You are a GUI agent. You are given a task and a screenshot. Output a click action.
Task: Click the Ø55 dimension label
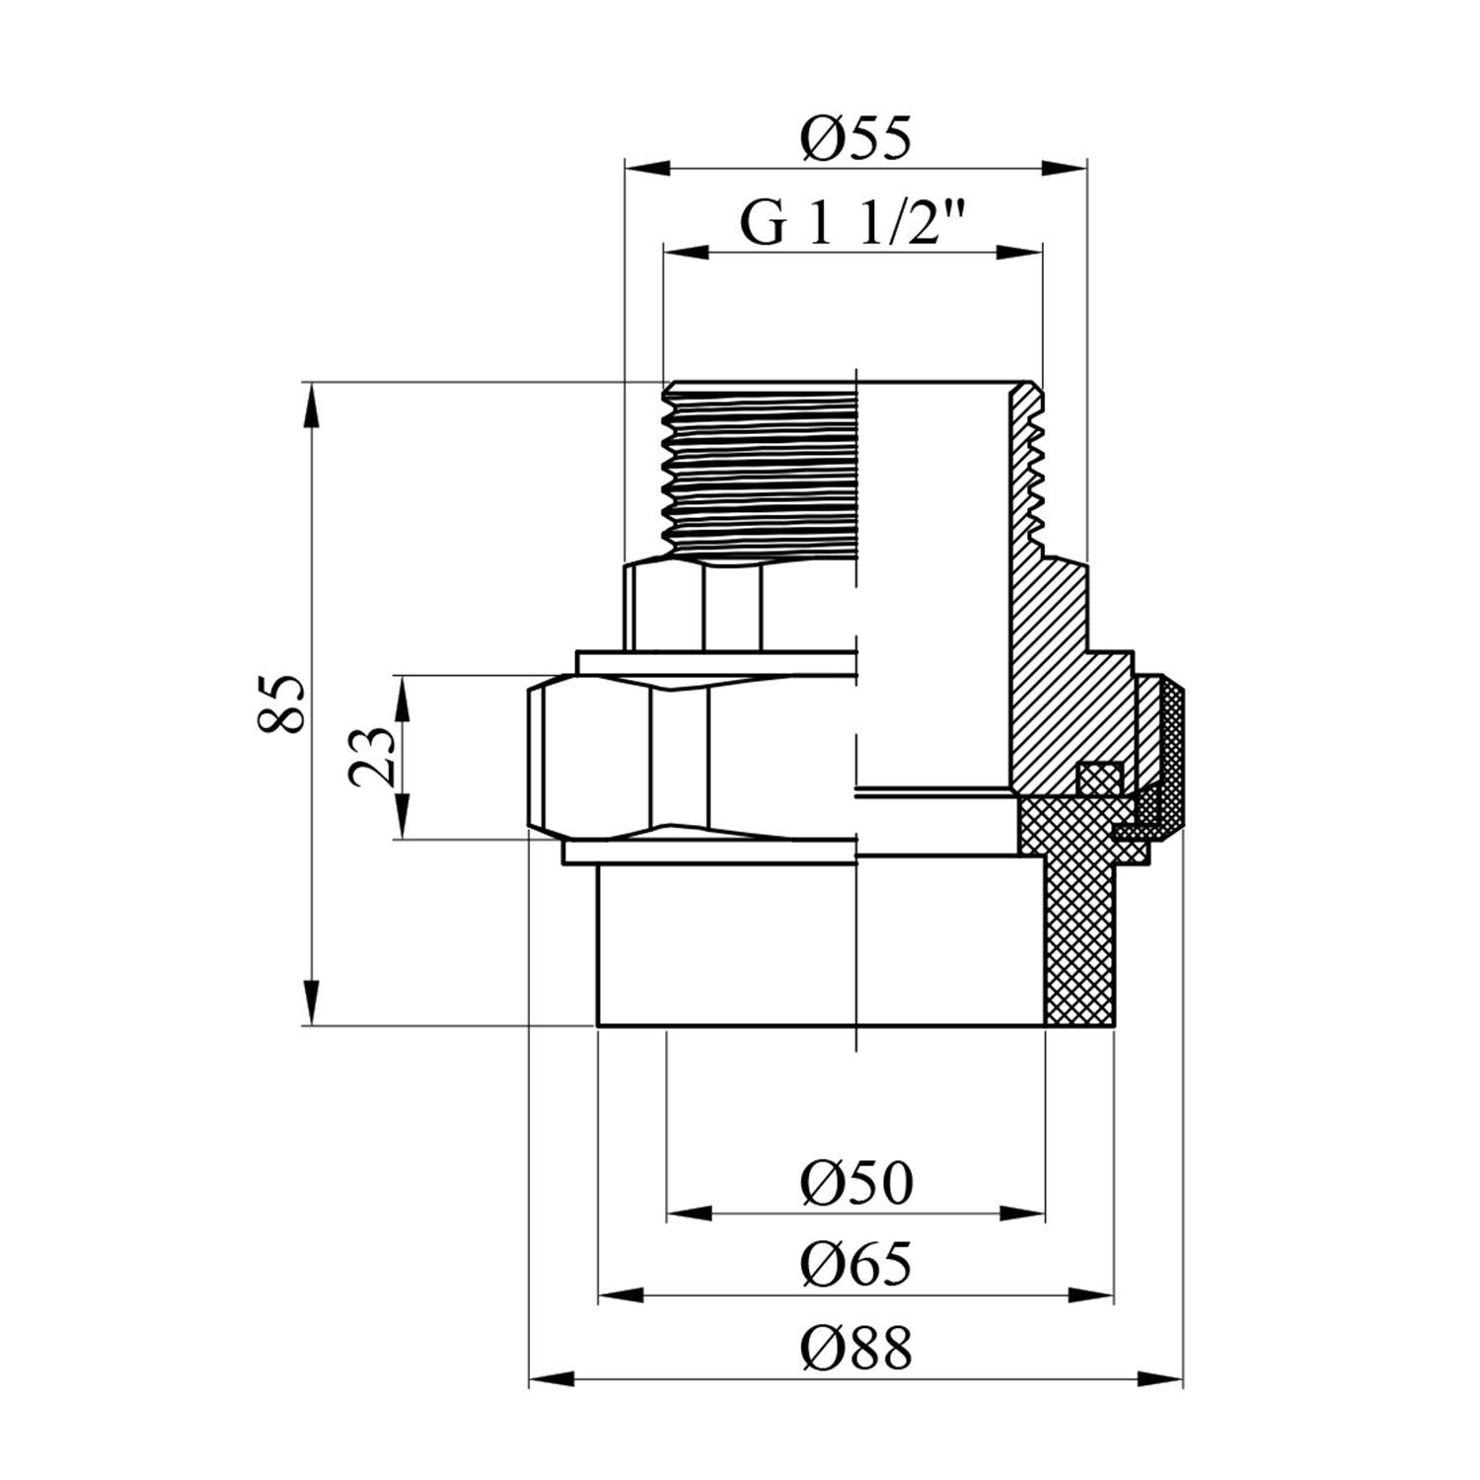click(x=855, y=138)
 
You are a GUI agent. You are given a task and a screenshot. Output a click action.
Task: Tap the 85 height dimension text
click(x=279, y=703)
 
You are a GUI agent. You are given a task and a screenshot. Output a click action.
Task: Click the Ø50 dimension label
click(x=856, y=1182)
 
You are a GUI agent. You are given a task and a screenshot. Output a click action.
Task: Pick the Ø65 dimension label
click(x=856, y=1265)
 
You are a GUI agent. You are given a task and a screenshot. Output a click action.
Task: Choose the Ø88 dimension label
click(x=856, y=1348)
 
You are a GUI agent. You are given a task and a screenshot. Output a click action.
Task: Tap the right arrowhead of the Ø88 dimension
click(x=1159, y=1378)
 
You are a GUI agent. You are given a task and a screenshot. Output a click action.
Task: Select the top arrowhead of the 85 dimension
click(x=312, y=405)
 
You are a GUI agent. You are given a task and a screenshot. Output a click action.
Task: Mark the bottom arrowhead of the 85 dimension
click(x=312, y=1002)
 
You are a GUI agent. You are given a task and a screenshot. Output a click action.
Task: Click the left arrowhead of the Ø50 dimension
click(x=689, y=1213)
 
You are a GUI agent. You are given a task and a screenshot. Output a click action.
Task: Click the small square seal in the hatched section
click(x=1098, y=777)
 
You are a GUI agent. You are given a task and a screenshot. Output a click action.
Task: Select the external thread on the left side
click(x=760, y=470)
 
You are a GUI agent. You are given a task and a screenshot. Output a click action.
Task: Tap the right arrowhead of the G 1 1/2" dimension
click(x=1019, y=252)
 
